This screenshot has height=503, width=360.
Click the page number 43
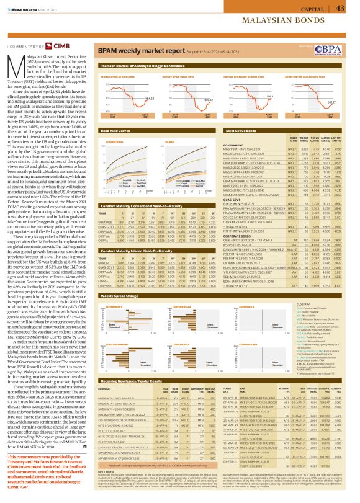coord(341,8)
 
